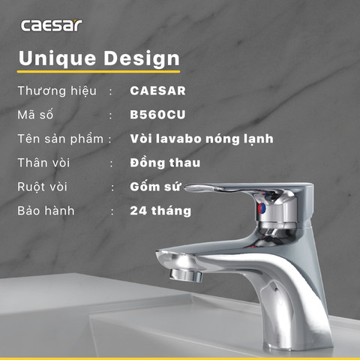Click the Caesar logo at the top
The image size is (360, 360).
click(x=51, y=25)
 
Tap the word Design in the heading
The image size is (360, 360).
click(x=142, y=58)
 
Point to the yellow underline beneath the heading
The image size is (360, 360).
click(x=99, y=73)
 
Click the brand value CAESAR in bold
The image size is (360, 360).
click(x=157, y=91)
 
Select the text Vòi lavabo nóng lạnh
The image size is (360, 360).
click(x=201, y=139)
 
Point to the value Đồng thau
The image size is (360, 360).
click(x=164, y=163)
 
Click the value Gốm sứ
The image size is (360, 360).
click(x=154, y=187)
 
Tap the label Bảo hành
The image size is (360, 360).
click(x=46, y=211)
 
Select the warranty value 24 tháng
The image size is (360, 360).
click(x=160, y=211)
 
